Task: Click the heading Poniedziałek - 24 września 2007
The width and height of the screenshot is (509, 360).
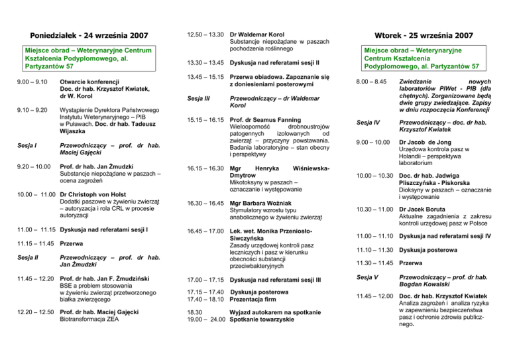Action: [x=84, y=34]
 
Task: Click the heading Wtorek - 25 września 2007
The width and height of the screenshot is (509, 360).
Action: [x=424, y=34]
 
